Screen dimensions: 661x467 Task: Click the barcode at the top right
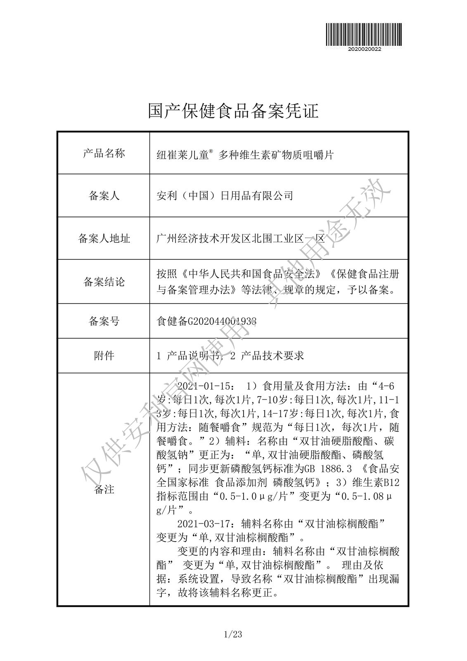tap(364, 34)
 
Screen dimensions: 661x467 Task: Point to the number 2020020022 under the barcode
tap(364, 49)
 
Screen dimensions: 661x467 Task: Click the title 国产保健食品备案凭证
tap(233, 111)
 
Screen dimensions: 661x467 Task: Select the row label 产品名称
tap(104, 154)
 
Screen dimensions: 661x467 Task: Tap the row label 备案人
tap(104, 196)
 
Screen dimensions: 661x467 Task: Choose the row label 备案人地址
tap(104, 238)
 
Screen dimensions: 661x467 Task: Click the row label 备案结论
tap(104, 282)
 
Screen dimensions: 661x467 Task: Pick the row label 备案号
tap(104, 321)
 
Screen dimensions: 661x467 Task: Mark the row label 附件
tap(104, 355)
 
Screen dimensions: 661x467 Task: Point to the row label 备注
tap(104, 490)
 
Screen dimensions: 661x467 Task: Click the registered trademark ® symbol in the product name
tap(211, 152)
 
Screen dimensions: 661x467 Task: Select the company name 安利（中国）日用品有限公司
tap(225, 195)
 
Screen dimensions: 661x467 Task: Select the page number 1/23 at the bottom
tap(233, 635)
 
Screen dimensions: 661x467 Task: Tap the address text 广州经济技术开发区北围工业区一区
tap(241, 238)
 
